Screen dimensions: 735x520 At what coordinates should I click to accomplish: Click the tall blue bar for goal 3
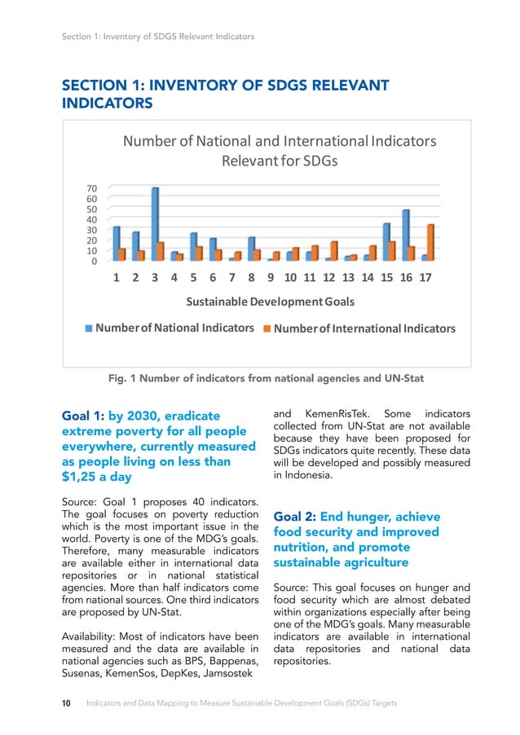pos(155,224)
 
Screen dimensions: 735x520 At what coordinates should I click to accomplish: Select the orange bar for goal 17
pos(430,243)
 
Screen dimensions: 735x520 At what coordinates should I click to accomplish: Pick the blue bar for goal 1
pos(117,244)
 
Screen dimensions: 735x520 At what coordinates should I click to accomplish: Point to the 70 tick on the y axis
pos(92,188)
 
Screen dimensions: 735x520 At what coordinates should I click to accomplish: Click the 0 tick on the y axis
pos(95,262)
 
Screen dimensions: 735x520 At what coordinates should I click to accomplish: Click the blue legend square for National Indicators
pos(90,328)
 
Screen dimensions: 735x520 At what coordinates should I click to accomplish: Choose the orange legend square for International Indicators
pos(267,329)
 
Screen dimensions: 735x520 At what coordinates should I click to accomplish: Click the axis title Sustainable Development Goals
pos(271,302)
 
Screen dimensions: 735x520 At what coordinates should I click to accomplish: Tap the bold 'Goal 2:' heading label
pos(295,517)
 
